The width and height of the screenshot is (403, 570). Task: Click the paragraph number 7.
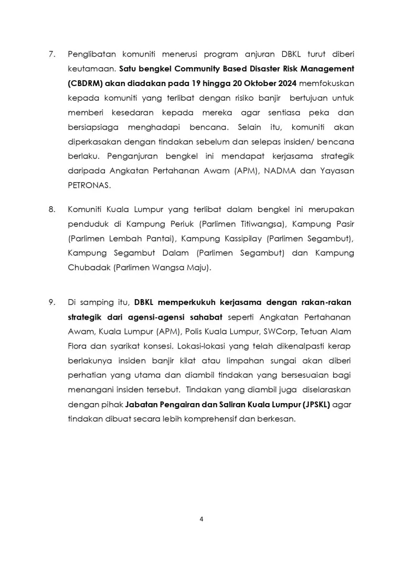(x=51, y=54)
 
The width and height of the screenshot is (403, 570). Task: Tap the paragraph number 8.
(x=51, y=209)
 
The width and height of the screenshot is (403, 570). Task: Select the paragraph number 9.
(x=51, y=302)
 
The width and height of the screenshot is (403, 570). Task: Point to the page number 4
(x=201, y=520)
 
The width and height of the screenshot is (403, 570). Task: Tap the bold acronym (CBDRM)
(x=87, y=83)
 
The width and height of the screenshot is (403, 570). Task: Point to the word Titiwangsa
(x=262, y=224)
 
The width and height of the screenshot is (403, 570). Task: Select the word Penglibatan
(x=93, y=54)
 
